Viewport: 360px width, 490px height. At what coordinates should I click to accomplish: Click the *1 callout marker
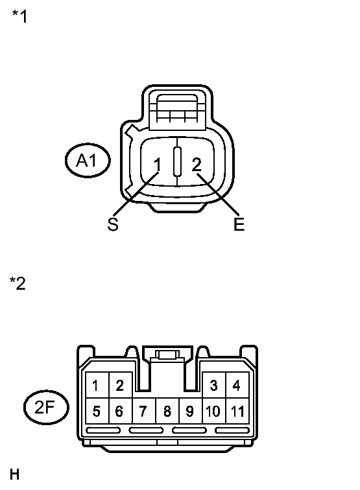coord(19,16)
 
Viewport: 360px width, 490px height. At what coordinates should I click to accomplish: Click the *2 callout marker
coord(18,283)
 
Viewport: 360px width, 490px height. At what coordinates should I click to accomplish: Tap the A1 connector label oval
coord(88,161)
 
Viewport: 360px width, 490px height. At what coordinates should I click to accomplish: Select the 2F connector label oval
coord(46,407)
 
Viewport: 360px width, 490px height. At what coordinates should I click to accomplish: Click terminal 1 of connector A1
coord(158,165)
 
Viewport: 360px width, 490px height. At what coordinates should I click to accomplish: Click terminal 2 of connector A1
coord(197,165)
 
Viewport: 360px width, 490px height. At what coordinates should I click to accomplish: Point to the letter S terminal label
coord(113,224)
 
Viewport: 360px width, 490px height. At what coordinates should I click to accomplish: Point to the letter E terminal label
coord(239,224)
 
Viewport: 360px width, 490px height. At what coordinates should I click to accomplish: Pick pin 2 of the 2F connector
coord(121,385)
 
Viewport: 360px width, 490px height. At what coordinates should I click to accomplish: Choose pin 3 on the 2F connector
coord(214,385)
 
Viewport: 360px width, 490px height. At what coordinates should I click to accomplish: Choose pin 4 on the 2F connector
coord(237,385)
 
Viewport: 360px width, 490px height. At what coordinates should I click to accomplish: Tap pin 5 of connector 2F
coord(97,411)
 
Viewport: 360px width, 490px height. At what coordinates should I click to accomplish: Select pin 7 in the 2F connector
coord(144,411)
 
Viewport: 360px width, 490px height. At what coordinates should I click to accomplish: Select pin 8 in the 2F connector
coord(167,411)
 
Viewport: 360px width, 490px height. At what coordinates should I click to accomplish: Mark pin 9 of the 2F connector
coord(191,411)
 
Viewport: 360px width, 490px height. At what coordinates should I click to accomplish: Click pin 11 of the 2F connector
coord(237,411)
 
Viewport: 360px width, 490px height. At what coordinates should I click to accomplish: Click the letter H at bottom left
coord(15,474)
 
